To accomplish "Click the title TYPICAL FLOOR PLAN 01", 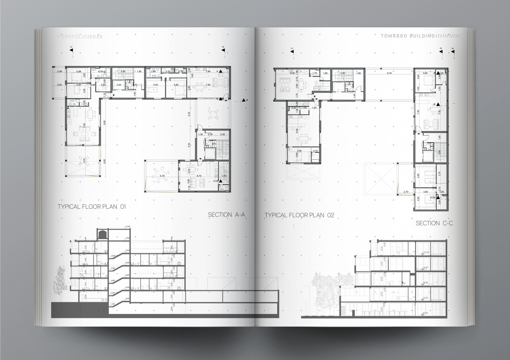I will coord(92,207).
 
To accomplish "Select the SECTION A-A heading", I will coord(226,215).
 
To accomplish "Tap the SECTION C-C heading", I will coord(434,223).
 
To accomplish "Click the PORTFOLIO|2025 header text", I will coord(80,37).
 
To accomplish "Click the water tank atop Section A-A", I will coord(102,234).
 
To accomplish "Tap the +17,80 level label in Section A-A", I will coord(128,226).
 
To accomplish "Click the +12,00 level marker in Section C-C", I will coord(425,253).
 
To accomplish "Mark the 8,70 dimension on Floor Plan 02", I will coord(389,73).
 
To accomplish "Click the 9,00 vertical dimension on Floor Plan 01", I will coord(105,123).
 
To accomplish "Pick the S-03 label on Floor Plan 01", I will coord(216,181).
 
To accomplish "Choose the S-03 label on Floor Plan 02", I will coord(432,197).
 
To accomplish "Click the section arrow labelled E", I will coord(453,52).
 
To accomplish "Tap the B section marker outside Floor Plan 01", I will coord(244,100).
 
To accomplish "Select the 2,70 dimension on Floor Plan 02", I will coord(406,192).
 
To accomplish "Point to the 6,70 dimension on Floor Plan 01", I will coord(199,176).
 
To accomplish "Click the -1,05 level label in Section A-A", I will coord(113,304).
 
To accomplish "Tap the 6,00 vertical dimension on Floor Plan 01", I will coord(105,161).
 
